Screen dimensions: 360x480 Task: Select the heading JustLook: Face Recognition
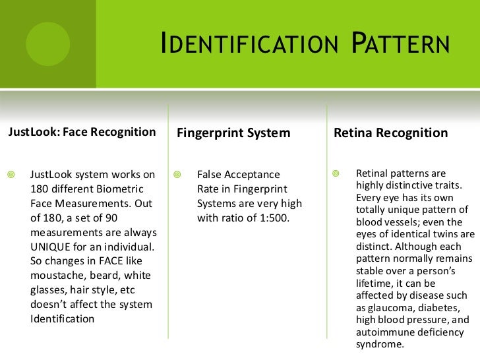(82, 133)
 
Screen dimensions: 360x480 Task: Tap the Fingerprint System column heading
(234, 133)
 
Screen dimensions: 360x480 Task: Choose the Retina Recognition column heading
(391, 133)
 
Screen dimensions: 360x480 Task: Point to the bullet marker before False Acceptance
(177, 175)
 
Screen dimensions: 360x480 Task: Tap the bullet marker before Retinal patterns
(338, 174)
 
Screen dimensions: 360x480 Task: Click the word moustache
(55, 276)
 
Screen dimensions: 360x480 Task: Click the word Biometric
(129, 189)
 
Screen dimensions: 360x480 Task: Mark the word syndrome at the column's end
(379, 344)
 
